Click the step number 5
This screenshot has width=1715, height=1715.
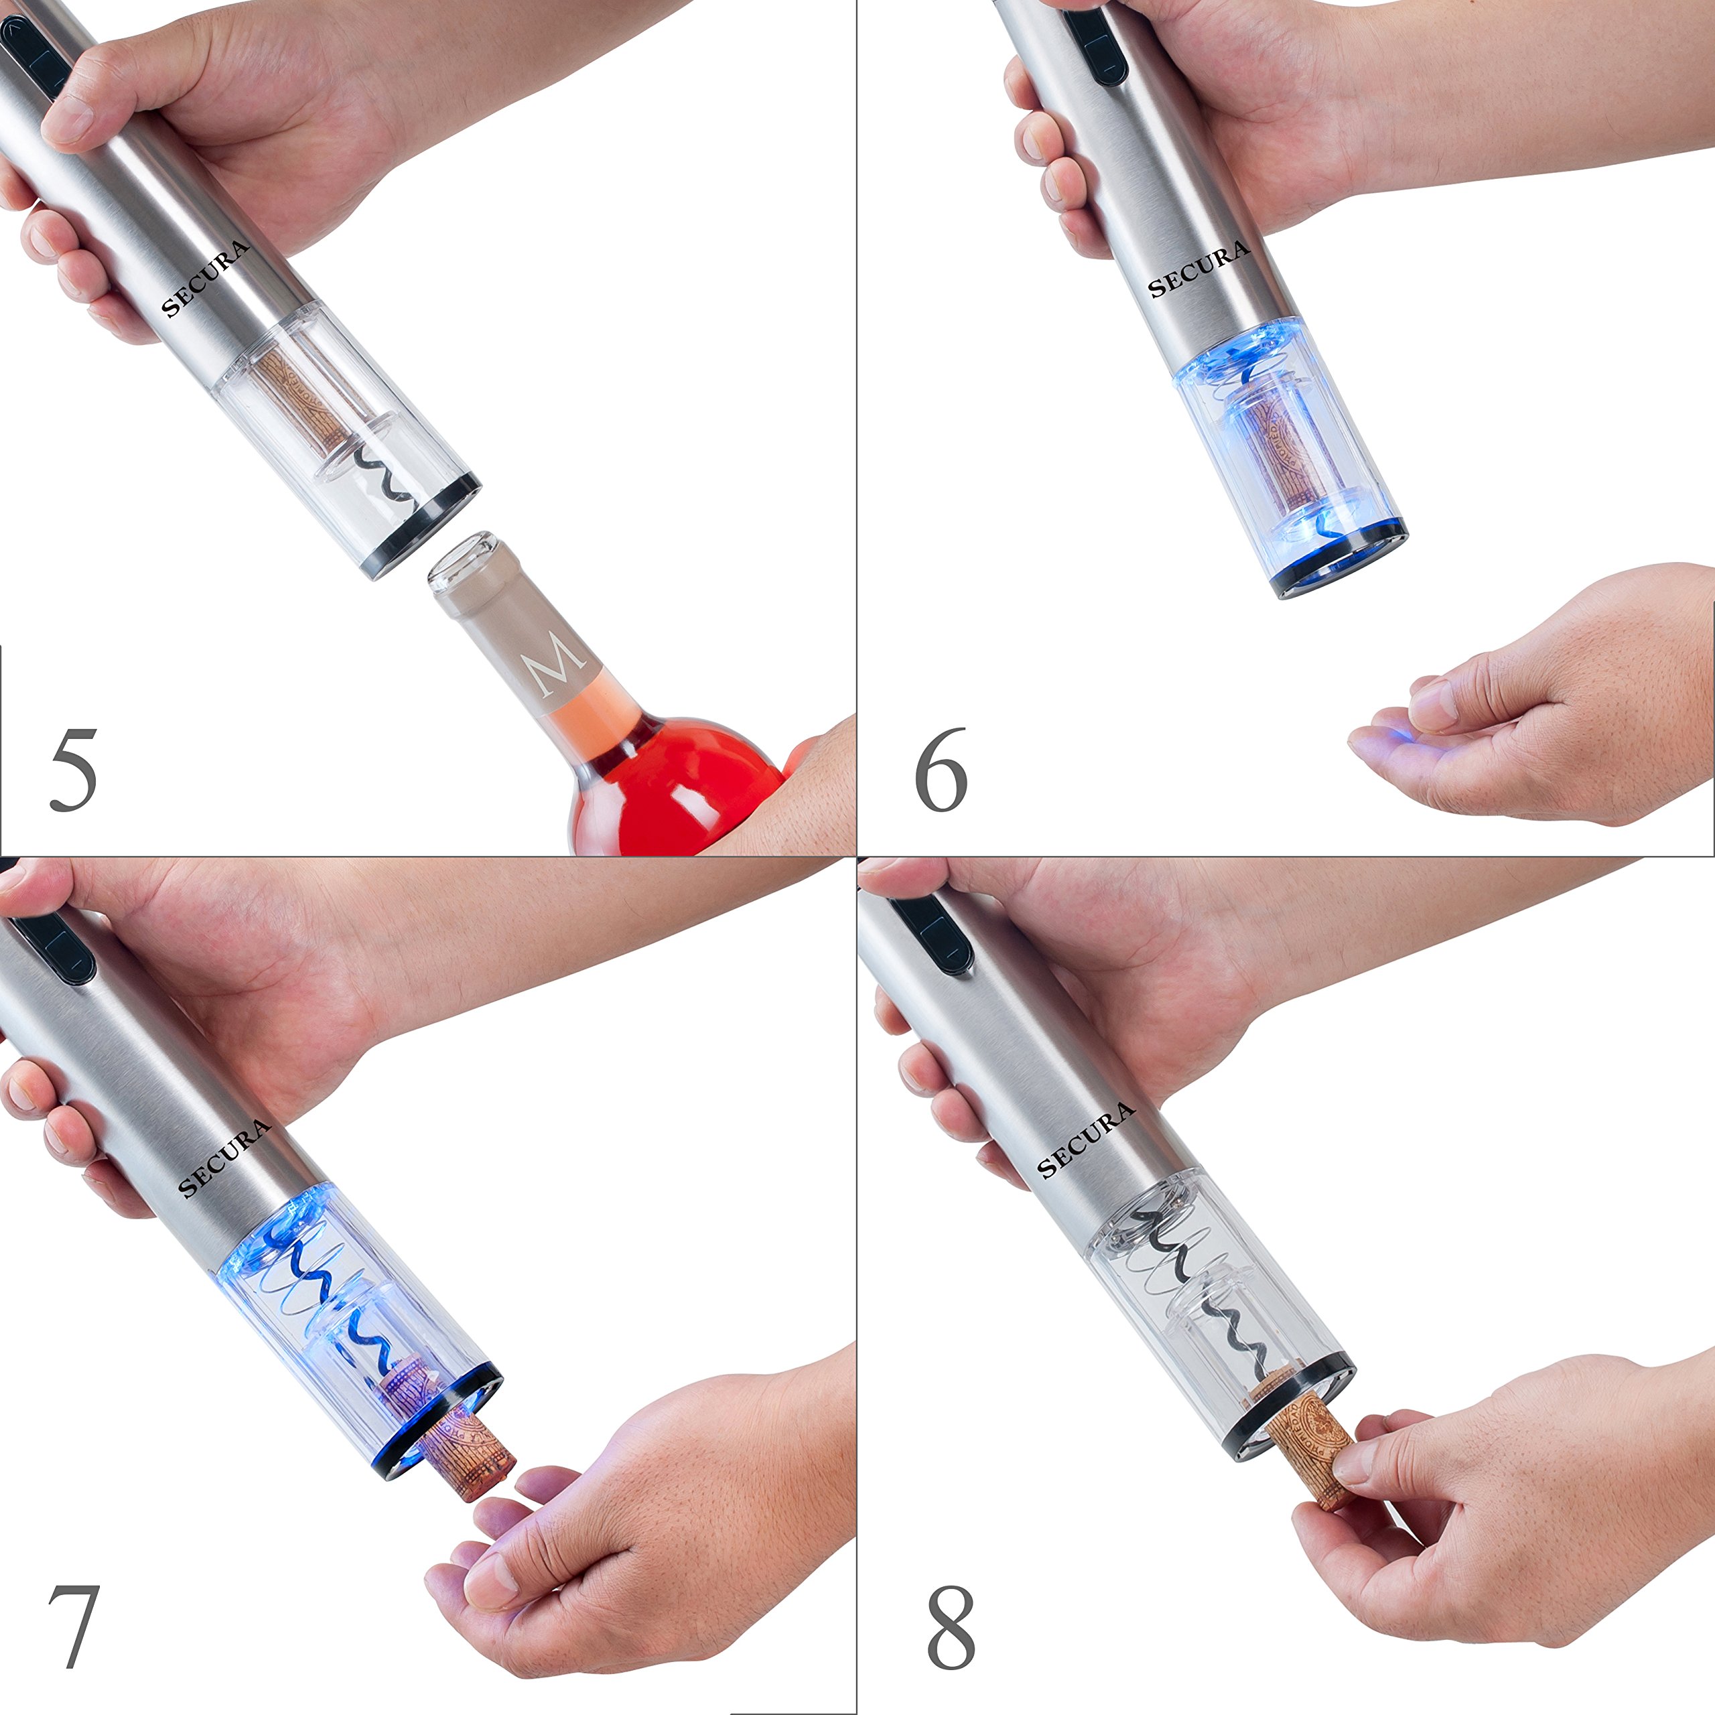point(73,770)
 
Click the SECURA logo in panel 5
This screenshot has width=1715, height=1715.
point(205,279)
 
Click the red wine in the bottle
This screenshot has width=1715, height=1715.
point(675,790)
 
